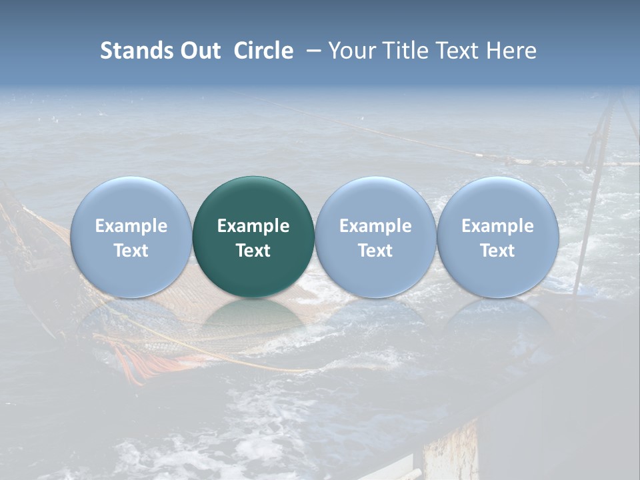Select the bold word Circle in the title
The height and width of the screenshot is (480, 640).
(x=263, y=51)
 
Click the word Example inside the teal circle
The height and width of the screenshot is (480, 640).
(x=253, y=226)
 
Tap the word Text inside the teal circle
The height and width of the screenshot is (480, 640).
(x=253, y=251)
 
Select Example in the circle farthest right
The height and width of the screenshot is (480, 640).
(x=497, y=226)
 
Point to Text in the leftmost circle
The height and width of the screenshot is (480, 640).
(x=131, y=251)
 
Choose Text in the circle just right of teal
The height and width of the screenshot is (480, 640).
(x=375, y=251)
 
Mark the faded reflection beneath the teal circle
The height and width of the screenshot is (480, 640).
(x=253, y=320)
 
